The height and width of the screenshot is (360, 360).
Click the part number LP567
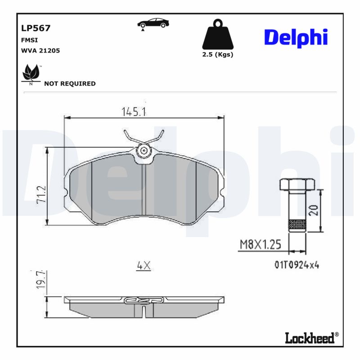pyautogui.click(x=36, y=28)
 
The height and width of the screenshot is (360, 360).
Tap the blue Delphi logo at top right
pyautogui.click(x=295, y=38)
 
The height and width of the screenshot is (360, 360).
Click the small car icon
pyautogui.click(x=153, y=23)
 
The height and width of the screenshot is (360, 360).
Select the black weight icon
pyautogui.click(x=218, y=35)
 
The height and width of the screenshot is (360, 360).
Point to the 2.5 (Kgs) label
pyautogui.click(x=218, y=54)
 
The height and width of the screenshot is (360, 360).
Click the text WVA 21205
pyautogui.click(x=40, y=51)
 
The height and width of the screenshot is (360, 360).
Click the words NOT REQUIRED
pyautogui.click(x=70, y=84)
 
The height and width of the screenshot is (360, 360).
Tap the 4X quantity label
pyautogui.click(x=143, y=266)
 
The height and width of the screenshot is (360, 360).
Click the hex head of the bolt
pyautogui.click(x=297, y=184)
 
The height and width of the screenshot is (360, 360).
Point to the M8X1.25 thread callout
pyautogui.click(x=260, y=244)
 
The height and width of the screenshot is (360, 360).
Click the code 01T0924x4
pyautogui.click(x=297, y=265)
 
